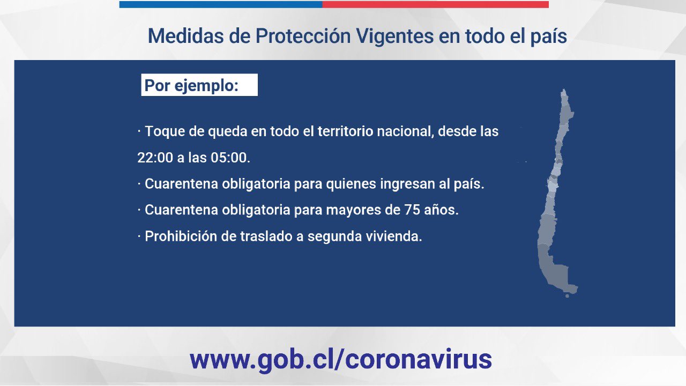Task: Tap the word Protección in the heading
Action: pyautogui.click(x=303, y=36)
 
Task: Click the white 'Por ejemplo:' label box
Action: pyautogui.click(x=199, y=85)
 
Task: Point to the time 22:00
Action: pyautogui.click(x=155, y=158)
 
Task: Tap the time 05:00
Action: pyautogui.click(x=230, y=158)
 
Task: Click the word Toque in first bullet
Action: pyautogui.click(x=165, y=132)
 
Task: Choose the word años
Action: pyautogui.click(x=441, y=210)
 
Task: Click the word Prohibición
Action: pyautogui.click(x=181, y=236)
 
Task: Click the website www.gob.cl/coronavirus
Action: pyautogui.click(x=340, y=359)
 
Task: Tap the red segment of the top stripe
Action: pyautogui.click(x=435, y=4)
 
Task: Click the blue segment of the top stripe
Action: pyautogui.click(x=221, y=4)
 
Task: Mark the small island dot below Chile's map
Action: pyautogui.click(x=567, y=296)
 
